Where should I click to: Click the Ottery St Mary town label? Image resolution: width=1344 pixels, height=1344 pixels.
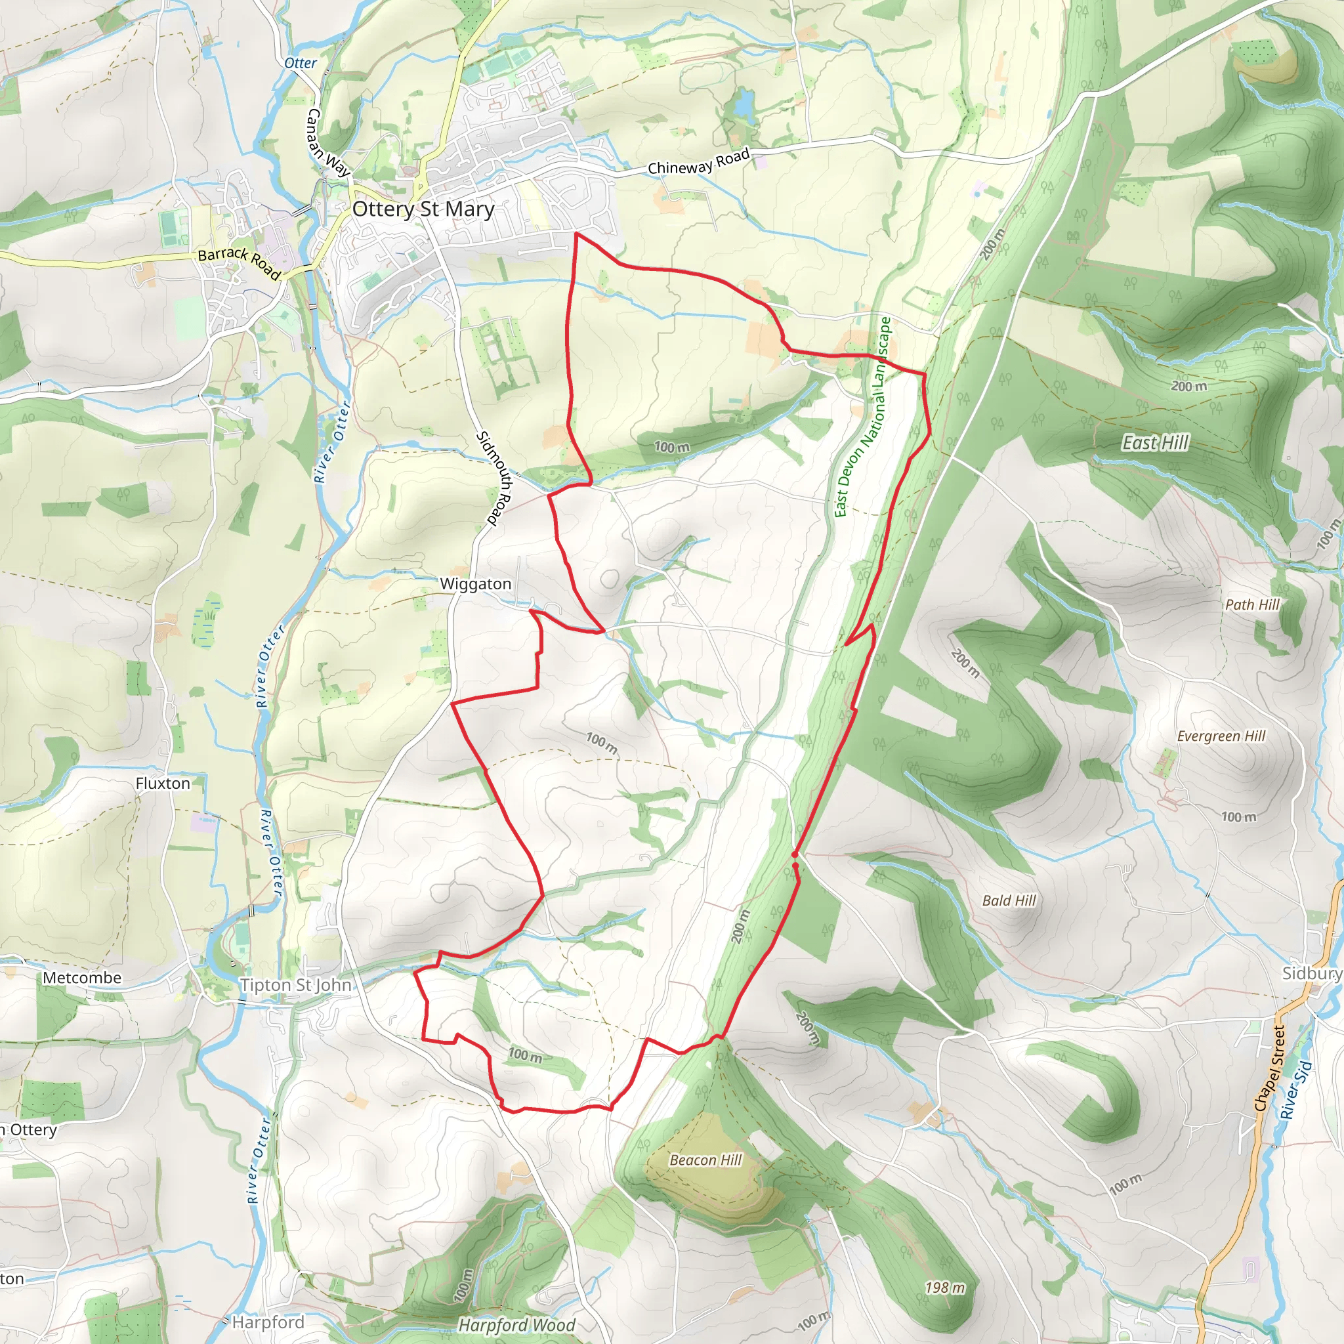pyautogui.click(x=423, y=209)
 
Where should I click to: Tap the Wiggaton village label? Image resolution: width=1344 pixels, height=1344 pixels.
pyautogui.click(x=475, y=584)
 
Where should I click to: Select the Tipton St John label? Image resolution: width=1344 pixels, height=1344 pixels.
pyautogui.click(x=296, y=985)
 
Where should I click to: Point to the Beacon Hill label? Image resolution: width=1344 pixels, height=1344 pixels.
pyautogui.click(x=705, y=1160)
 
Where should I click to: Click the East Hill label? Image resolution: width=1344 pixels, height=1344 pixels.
pyautogui.click(x=1156, y=443)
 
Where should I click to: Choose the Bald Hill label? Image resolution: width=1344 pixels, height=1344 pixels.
pyautogui.click(x=1009, y=901)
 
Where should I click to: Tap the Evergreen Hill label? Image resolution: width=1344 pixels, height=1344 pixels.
pyautogui.click(x=1221, y=736)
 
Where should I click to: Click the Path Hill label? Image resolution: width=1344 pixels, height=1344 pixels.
pyautogui.click(x=1252, y=604)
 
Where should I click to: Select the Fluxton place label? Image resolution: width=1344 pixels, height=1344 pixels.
pyautogui.click(x=163, y=784)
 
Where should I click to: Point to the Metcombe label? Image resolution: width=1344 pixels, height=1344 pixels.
pyautogui.click(x=82, y=978)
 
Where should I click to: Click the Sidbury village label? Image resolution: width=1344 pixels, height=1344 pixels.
pyautogui.click(x=1311, y=973)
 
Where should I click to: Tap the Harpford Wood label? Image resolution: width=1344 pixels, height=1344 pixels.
pyautogui.click(x=516, y=1325)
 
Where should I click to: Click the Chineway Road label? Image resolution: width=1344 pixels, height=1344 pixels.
pyautogui.click(x=698, y=161)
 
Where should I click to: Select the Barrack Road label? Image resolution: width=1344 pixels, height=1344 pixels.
pyautogui.click(x=240, y=264)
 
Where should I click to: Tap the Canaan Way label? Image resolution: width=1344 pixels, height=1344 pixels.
pyautogui.click(x=328, y=142)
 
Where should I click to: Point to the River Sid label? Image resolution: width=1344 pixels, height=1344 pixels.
pyautogui.click(x=1295, y=1090)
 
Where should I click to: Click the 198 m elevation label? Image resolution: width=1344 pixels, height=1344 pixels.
pyautogui.click(x=945, y=1288)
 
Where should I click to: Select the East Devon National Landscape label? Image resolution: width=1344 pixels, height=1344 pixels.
pyautogui.click(x=862, y=417)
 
